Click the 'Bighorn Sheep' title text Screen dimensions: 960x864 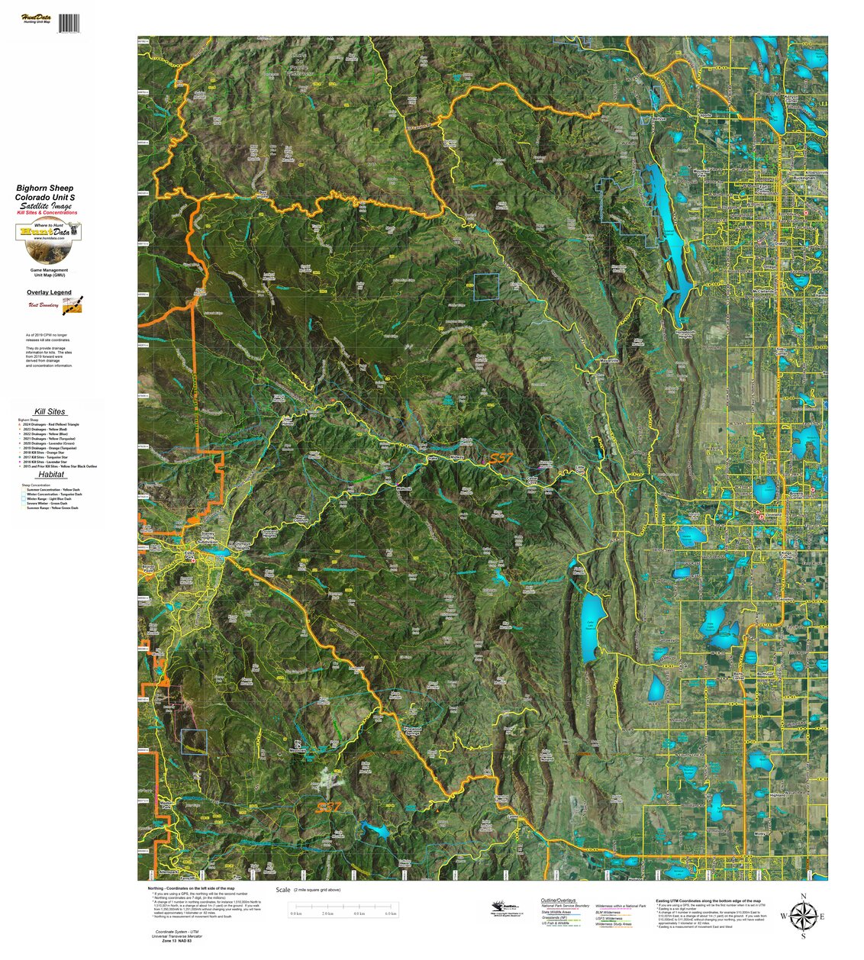click(x=45, y=188)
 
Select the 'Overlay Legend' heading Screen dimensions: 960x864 click(x=49, y=292)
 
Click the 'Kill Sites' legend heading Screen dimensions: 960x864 click(x=50, y=411)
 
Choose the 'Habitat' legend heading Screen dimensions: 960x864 click(x=50, y=474)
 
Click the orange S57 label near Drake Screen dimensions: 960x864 click(x=500, y=458)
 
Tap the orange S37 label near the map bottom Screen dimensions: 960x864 click(x=329, y=807)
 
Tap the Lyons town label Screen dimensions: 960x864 click(x=512, y=817)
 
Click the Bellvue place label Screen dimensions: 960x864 click(x=661, y=119)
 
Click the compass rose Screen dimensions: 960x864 click(x=802, y=915)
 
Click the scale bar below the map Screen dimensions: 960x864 click(x=343, y=908)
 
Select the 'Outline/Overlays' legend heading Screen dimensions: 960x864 click(x=558, y=900)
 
